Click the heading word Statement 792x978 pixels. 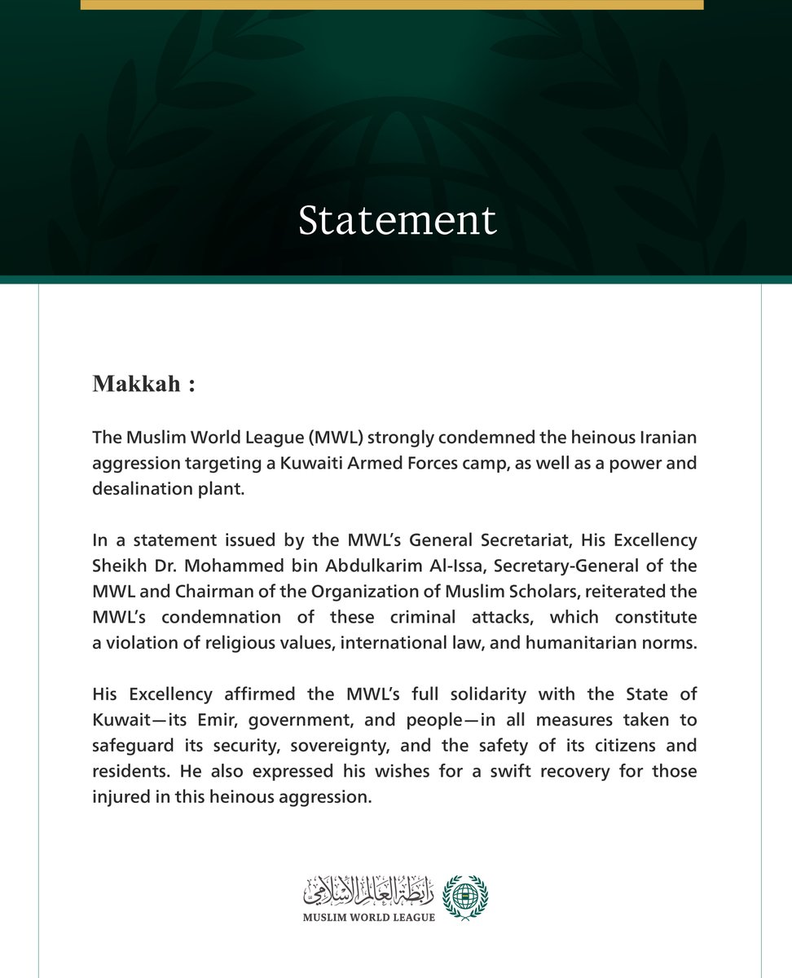coord(397,220)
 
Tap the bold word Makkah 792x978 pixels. coord(136,384)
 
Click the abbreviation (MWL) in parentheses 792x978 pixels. coord(334,438)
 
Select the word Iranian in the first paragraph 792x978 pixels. coord(666,438)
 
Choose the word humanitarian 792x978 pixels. coord(580,641)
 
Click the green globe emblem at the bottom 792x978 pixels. coord(465,897)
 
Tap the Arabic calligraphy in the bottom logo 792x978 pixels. coord(368,892)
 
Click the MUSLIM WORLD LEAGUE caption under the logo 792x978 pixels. coord(368,917)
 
